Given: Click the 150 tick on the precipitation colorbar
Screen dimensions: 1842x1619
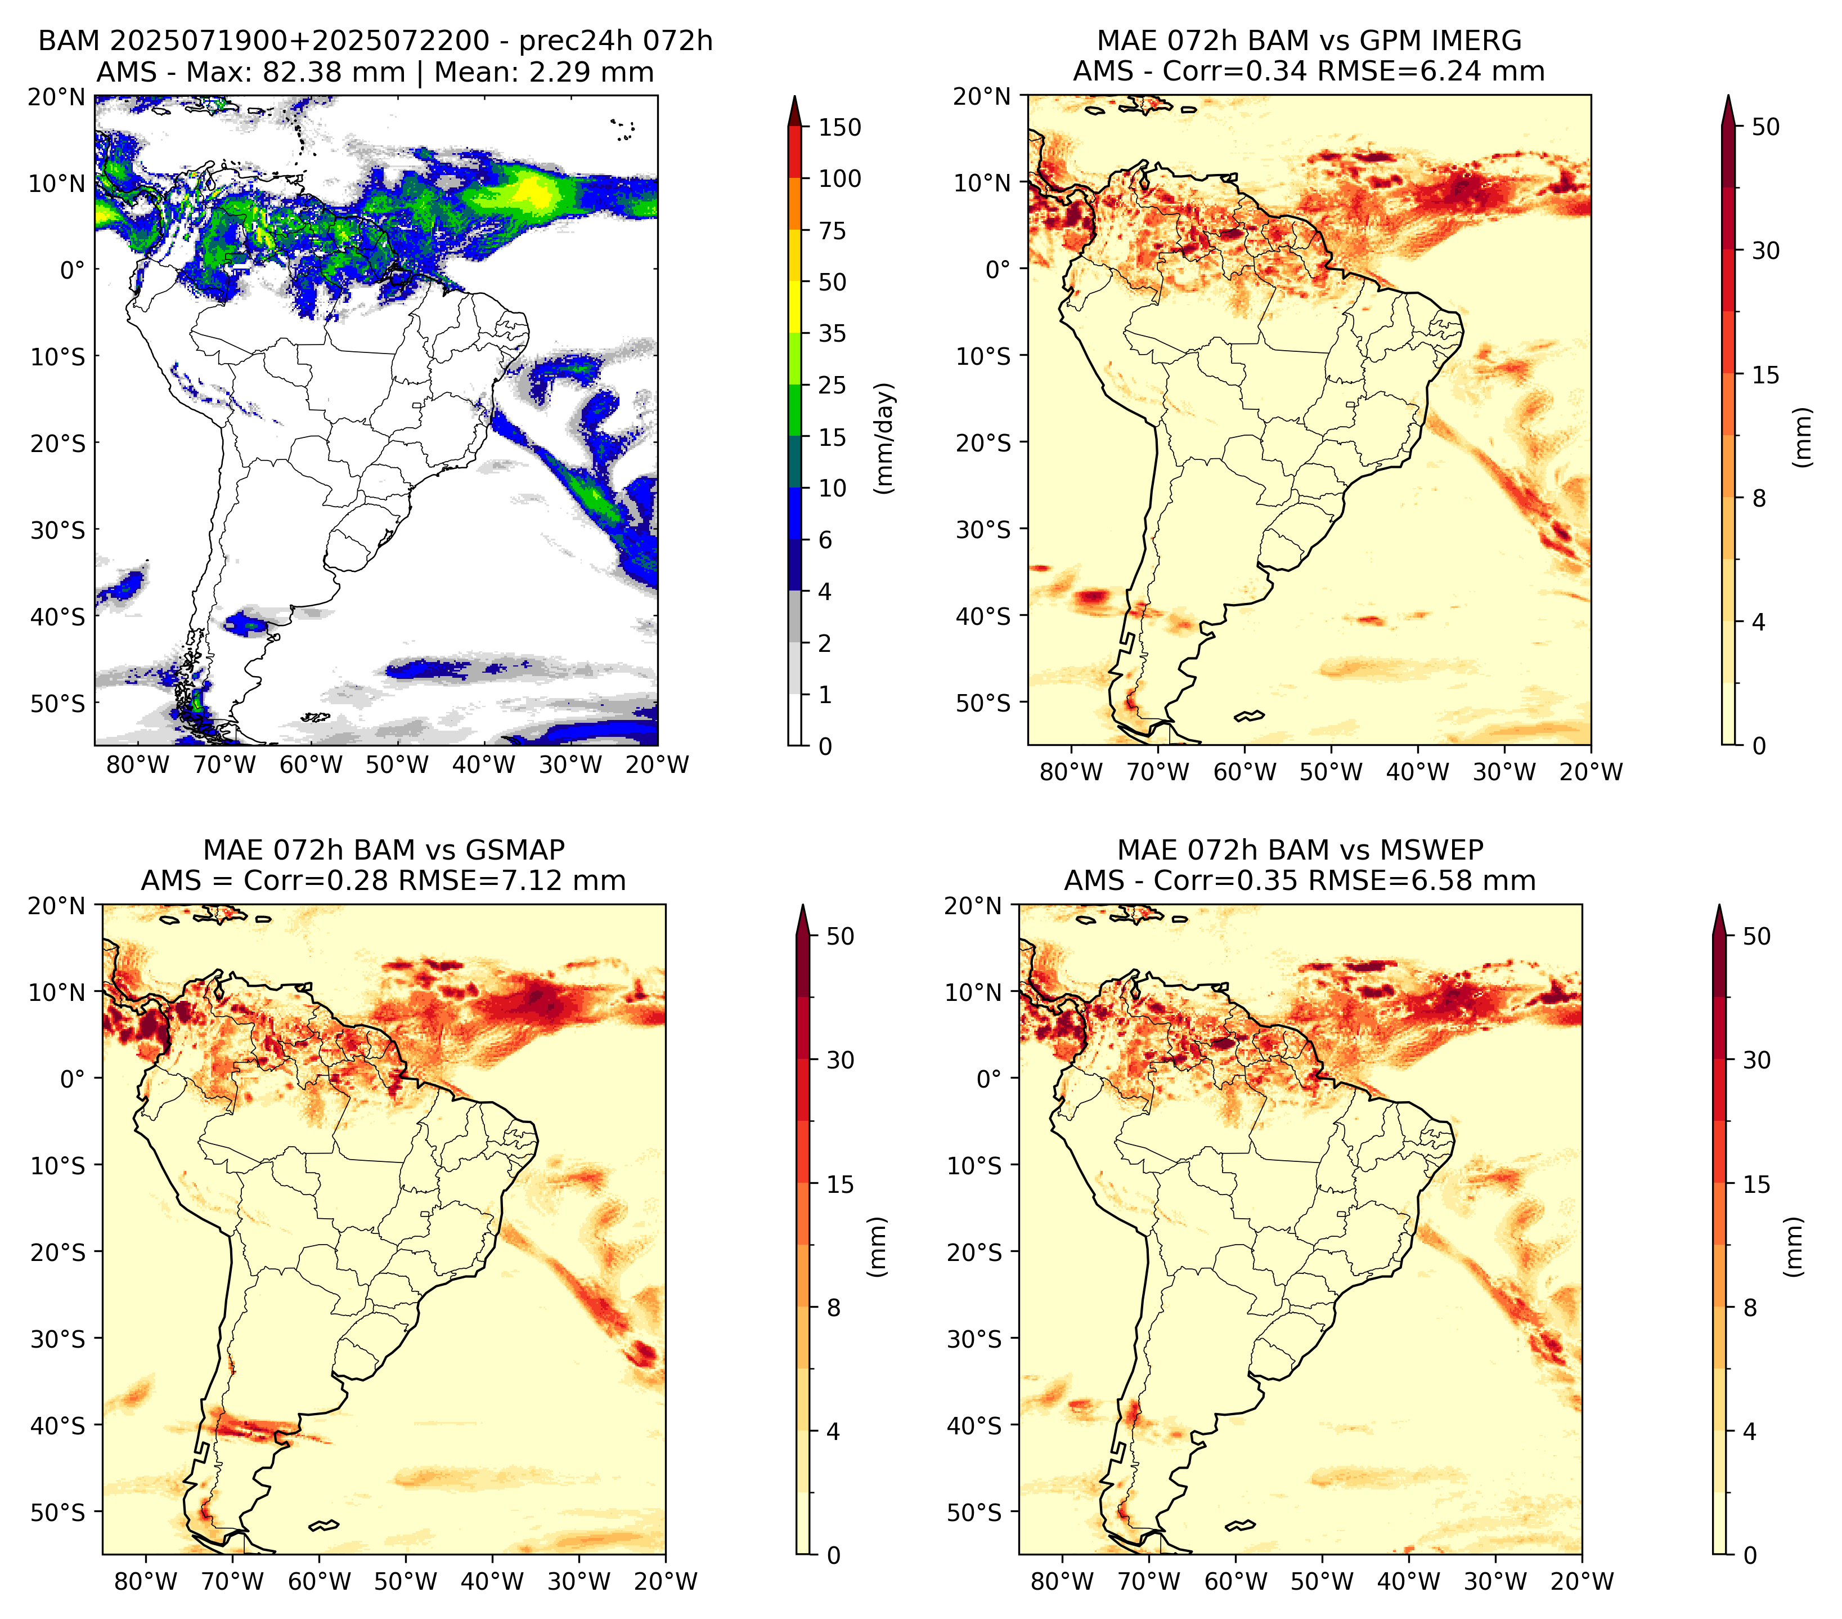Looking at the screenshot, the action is pyautogui.click(x=839, y=127).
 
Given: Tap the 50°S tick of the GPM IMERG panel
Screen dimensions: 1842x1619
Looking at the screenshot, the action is pyautogui.click(x=984, y=702).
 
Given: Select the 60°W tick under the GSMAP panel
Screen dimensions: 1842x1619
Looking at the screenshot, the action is pyautogui.click(x=319, y=1581).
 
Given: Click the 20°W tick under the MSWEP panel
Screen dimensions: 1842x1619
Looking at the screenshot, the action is pyautogui.click(x=1583, y=1581).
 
